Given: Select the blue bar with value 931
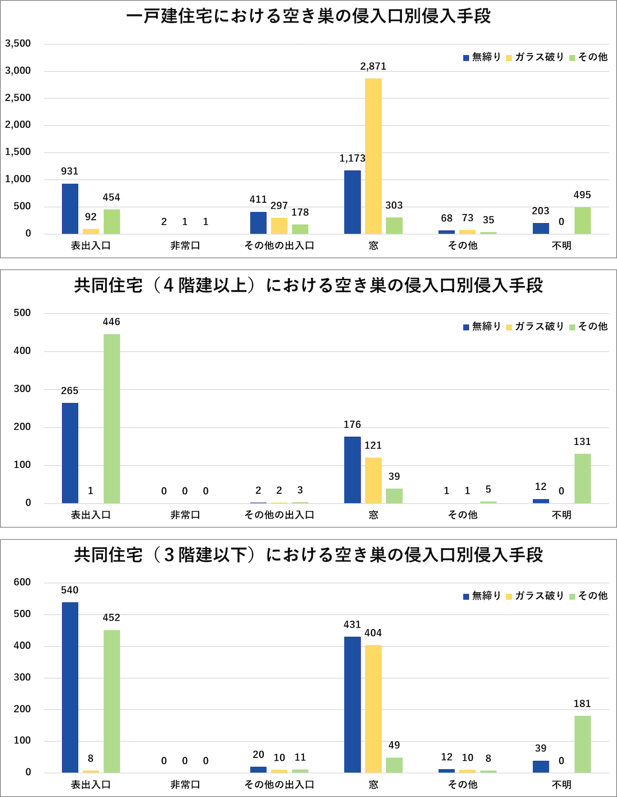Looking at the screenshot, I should [x=70, y=209].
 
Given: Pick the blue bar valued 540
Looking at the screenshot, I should [x=70, y=687].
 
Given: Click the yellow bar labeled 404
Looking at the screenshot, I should [x=373, y=709].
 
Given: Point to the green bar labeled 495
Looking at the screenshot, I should [x=582, y=221].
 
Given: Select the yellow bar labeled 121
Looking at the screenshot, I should [x=373, y=480].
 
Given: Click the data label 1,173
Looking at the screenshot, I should [x=352, y=158].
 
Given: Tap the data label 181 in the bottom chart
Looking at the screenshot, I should [x=582, y=703].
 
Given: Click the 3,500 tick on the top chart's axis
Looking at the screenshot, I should [x=18, y=44].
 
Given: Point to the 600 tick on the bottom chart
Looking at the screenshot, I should [x=22, y=582].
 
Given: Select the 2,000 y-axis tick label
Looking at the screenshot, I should [x=18, y=125].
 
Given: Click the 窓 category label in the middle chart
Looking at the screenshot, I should [x=373, y=515].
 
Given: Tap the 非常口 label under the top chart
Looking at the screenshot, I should [x=185, y=246].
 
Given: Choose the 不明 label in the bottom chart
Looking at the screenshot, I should [x=561, y=785].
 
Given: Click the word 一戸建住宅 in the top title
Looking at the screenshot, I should [x=169, y=17].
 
